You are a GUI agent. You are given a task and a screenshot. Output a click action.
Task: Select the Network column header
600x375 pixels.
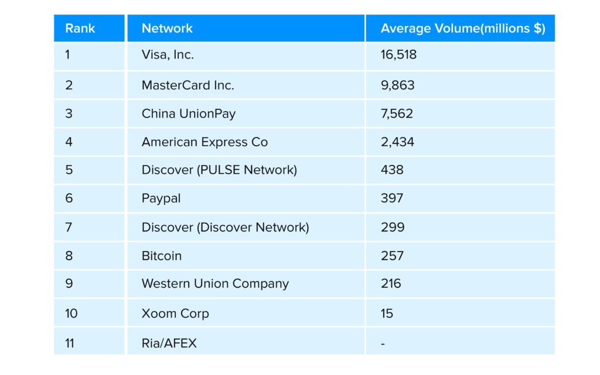[x=167, y=28]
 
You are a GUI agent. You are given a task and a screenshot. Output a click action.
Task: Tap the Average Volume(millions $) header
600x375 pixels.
[x=462, y=28]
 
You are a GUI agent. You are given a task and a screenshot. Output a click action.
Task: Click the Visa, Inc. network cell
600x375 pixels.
[x=168, y=55]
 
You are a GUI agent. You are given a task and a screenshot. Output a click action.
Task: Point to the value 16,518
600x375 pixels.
[x=398, y=55]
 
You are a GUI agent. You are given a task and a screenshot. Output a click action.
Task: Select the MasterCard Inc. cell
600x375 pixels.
[x=187, y=85]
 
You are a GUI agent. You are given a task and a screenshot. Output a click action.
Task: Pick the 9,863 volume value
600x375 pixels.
[x=397, y=85]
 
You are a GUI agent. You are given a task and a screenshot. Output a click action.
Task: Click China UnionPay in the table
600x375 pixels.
[x=188, y=113]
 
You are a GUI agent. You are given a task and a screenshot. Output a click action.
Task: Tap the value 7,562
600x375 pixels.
[x=397, y=113]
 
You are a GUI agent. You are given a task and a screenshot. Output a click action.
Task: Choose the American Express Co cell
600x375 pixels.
[x=204, y=142]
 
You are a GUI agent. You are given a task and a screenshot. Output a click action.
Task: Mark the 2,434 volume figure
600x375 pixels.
[x=397, y=142]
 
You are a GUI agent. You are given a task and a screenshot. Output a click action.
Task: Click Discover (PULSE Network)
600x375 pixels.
[x=219, y=170]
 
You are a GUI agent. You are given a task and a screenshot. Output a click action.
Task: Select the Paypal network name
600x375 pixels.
[x=161, y=198]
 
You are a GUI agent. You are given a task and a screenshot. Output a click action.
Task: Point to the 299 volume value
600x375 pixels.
[x=392, y=227]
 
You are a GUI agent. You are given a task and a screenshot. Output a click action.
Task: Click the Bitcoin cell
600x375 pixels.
[x=162, y=256]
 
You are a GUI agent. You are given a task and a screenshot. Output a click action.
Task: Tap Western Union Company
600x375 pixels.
[x=215, y=284]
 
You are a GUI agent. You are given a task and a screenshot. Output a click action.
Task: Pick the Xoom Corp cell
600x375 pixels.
[x=175, y=314]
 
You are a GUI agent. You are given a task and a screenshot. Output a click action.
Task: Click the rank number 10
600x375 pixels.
[x=71, y=314]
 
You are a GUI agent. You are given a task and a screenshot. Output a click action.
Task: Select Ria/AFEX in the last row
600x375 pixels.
[x=169, y=343]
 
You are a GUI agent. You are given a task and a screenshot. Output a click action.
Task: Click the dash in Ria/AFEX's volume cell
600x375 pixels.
[x=383, y=343]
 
